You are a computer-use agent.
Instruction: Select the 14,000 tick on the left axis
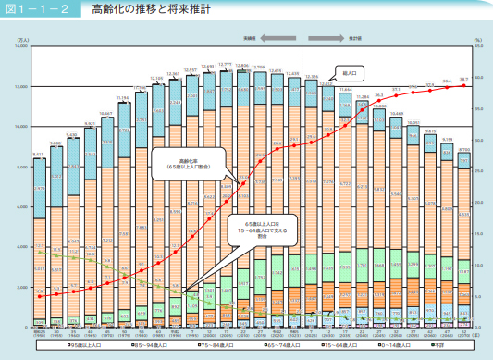(x=23, y=46)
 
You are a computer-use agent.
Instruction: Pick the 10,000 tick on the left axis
(x=23, y=126)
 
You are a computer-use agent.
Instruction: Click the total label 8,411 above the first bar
(x=39, y=155)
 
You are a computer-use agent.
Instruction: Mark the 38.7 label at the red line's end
(x=463, y=80)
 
